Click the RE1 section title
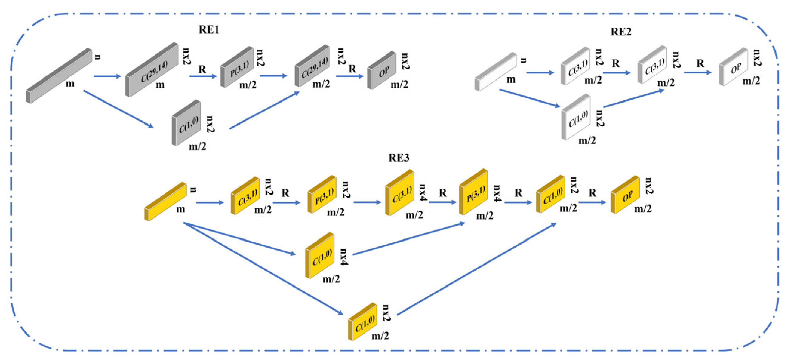209,30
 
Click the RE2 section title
621,32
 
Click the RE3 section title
399,158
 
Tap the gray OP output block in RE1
382,71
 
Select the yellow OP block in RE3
625,195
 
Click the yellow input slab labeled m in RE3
165,202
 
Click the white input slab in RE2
495,72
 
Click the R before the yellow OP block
592,193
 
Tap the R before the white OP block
700,63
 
